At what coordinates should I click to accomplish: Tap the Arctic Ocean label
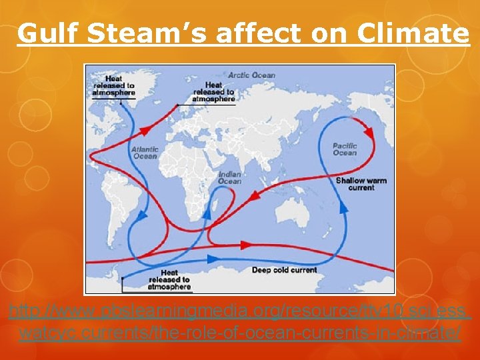[x=251, y=75]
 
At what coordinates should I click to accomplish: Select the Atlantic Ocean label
[x=145, y=153]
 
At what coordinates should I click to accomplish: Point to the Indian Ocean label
[x=229, y=178]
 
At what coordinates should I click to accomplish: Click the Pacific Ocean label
[x=345, y=149]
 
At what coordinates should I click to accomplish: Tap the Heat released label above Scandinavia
[x=213, y=92]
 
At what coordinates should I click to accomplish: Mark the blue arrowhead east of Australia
[x=344, y=207]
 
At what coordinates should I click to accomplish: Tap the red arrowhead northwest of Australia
[x=255, y=195]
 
